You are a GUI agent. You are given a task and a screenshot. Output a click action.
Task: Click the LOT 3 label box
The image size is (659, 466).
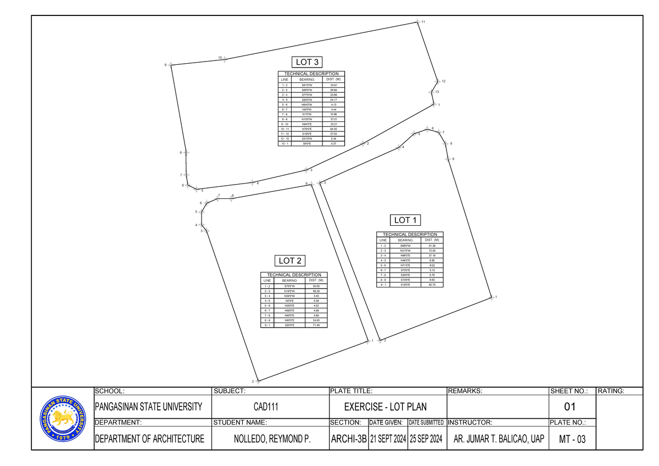308,62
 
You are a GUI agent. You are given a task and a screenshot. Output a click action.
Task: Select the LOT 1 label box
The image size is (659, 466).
406,220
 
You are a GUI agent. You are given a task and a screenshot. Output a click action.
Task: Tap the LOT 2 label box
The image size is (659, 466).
291,260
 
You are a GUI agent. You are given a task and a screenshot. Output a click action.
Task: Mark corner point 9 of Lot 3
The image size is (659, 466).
171,65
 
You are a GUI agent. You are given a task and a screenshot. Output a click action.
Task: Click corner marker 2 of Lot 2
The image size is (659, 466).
258,380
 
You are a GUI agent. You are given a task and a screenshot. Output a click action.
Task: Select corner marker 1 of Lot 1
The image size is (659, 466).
492,298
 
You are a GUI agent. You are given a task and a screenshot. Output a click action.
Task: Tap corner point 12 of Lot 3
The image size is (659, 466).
437,82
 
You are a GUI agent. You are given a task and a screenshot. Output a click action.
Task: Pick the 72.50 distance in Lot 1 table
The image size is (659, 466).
432,251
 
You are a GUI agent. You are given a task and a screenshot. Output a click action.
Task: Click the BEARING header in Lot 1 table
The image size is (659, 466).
405,240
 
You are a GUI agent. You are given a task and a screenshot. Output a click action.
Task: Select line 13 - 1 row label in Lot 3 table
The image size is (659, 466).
284,143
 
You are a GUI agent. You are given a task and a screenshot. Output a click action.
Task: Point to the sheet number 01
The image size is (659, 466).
571,407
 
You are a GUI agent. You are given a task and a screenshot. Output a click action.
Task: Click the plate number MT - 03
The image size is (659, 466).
571,439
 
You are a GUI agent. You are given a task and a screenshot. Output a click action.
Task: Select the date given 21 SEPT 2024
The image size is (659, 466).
388,439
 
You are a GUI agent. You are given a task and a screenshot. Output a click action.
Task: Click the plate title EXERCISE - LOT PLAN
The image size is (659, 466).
385,407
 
